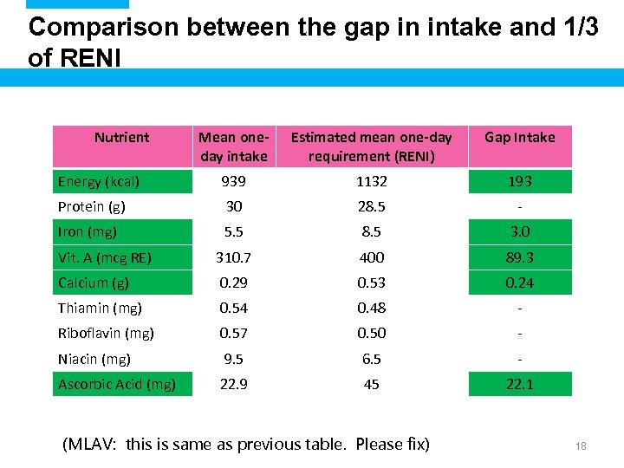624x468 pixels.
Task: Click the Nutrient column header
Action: pyautogui.click(x=121, y=137)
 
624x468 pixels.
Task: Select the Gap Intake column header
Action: pyautogui.click(x=520, y=137)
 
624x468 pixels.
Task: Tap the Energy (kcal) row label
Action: pyautogui.click(x=99, y=181)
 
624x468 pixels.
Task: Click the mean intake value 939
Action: pyautogui.click(x=234, y=181)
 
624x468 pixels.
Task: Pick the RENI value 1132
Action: pyautogui.click(x=371, y=181)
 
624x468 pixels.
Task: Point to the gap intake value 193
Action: pyautogui.click(x=520, y=181)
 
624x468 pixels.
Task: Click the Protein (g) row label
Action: pyautogui.click(x=92, y=206)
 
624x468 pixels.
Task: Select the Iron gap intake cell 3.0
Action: pyautogui.click(x=520, y=231)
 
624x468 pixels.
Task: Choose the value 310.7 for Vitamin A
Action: pyautogui.click(x=234, y=257)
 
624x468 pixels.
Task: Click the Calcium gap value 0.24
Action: pyautogui.click(x=520, y=283)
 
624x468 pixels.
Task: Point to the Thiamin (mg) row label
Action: pyautogui.click(x=100, y=308)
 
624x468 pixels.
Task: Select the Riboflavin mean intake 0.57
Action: pyautogui.click(x=234, y=333)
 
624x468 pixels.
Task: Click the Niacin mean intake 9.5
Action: pyautogui.click(x=234, y=359)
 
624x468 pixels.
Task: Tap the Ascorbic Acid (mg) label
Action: pyautogui.click(x=117, y=384)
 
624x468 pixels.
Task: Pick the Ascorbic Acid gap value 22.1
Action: pyautogui.click(x=520, y=384)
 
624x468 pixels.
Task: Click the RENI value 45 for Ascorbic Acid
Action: pyautogui.click(x=371, y=384)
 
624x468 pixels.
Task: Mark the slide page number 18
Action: pyautogui.click(x=581, y=445)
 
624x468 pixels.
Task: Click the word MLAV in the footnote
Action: pyautogui.click(x=92, y=445)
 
